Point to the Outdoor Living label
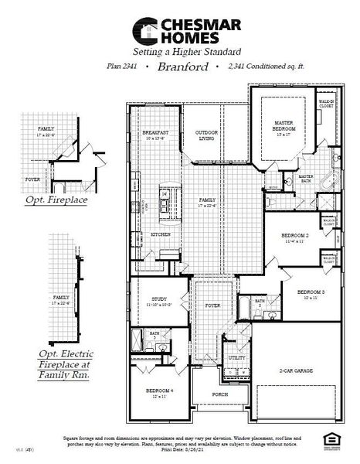208,136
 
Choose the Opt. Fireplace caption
54,200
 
